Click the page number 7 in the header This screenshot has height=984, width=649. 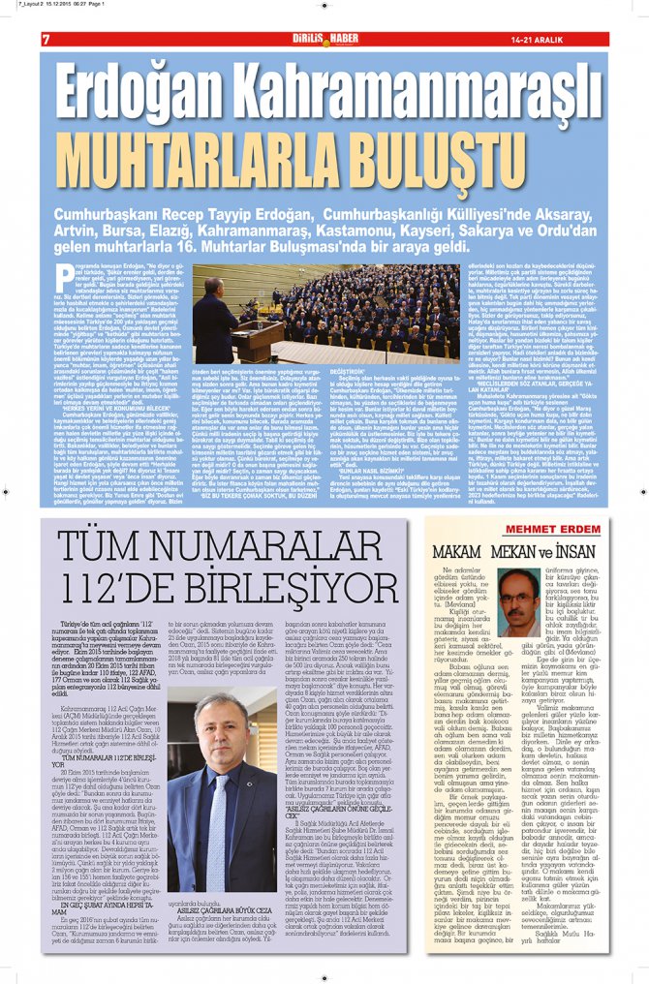pyautogui.click(x=46, y=39)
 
